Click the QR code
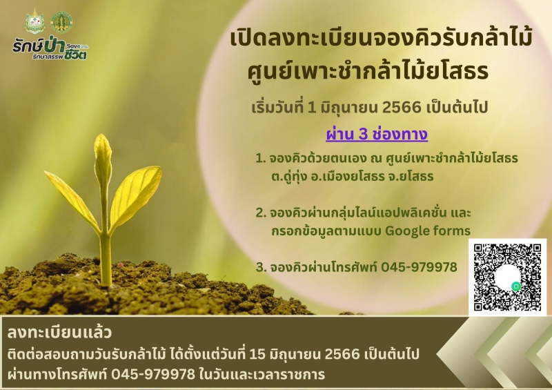[x=507, y=277]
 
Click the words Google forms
[x=434, y=230]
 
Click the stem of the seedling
[x=105, y=255]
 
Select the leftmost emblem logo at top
[x=34, y=21]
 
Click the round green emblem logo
[x=62, y=22]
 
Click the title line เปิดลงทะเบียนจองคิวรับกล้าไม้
[x=381, y=39]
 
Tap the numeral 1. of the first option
[x=260, y=159]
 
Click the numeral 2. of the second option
[x=260, y=212]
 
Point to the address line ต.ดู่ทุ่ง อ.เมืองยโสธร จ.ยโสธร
[x=352, y=176]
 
